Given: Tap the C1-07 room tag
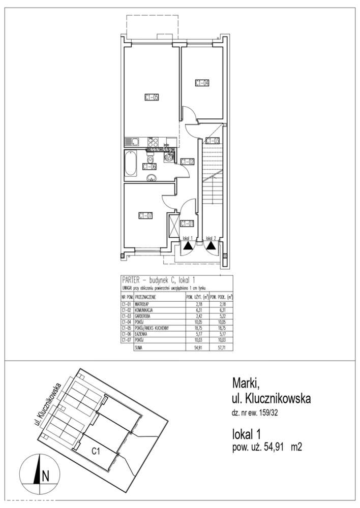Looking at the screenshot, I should [x=146, y=215].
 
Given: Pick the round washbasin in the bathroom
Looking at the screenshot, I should [x=152, y=177].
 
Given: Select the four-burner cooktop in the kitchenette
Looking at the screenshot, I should [x=152, y=142].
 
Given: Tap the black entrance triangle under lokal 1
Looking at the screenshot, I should [x=188, y=244].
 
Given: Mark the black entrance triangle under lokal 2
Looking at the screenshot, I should [x=211, y=244].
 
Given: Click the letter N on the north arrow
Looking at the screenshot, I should [x=45, y=476].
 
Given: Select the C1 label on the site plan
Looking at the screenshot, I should [x=95, y=450].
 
